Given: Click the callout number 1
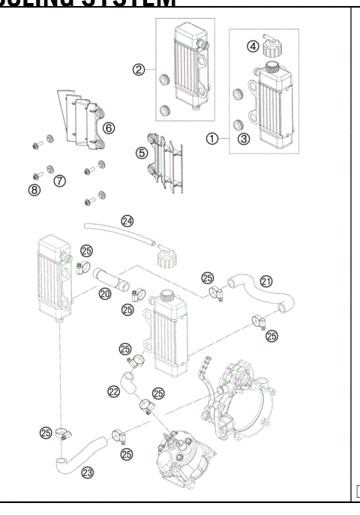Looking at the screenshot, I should point(213,138).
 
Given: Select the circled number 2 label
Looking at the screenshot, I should point(138,70).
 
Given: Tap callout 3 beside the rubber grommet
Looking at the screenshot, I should point(242,138).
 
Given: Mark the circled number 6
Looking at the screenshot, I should point(109,128).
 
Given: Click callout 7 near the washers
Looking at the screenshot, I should point(60,180).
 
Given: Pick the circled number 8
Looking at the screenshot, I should point(34,190).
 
